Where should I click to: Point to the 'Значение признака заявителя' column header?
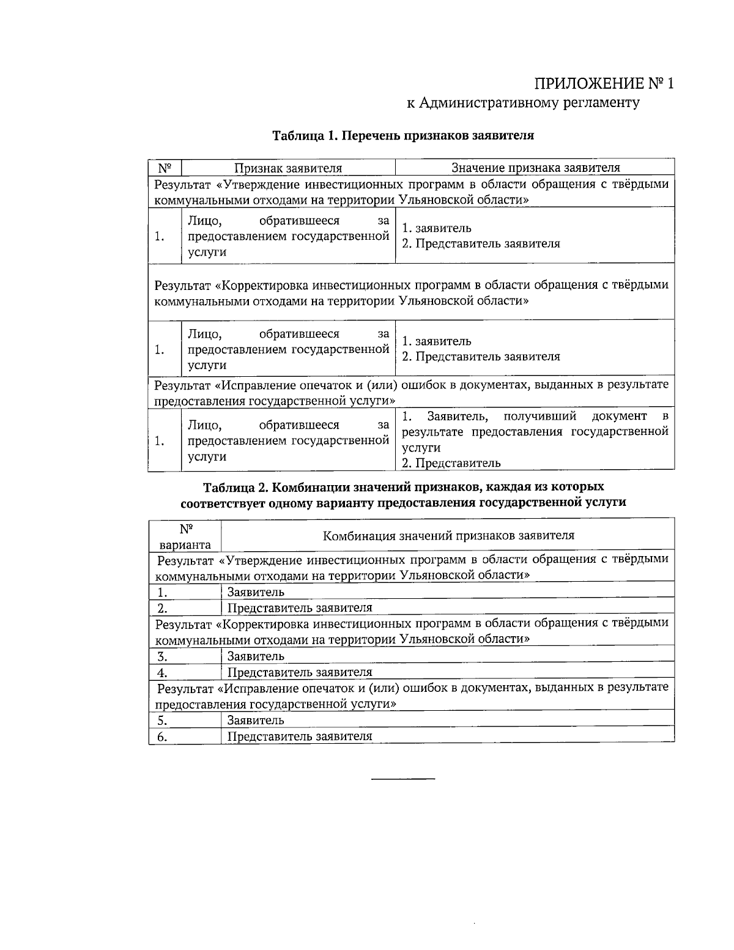tap(535, 168)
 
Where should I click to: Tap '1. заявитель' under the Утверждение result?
tap(436, 228)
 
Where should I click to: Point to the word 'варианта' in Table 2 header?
tap(185, 544)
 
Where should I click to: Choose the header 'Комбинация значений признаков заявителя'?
tap(448, 536)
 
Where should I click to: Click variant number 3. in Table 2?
tap(162, 656)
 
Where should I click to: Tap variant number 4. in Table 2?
tap(162, 673)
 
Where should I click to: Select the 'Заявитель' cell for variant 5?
tap(256, 720)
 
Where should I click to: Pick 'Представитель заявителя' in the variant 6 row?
tap(300, 737)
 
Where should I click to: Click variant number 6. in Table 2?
tap(162, 737)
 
